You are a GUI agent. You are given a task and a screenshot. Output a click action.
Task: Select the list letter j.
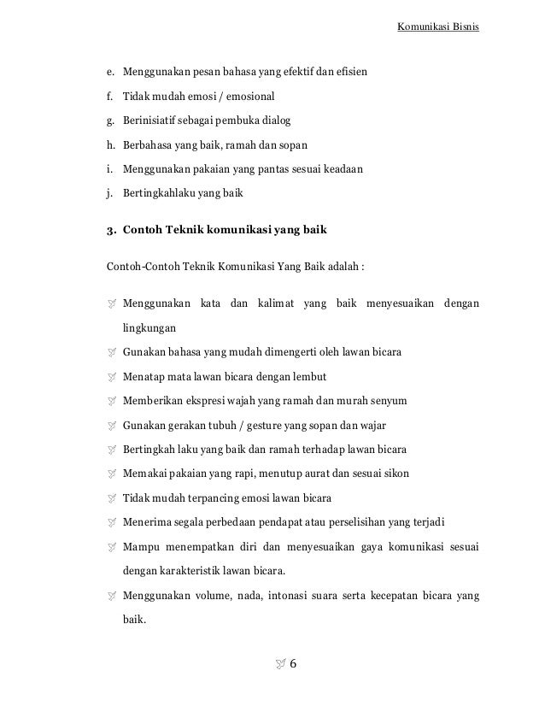(x=109, y=192)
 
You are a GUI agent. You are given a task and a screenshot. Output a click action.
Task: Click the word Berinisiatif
(x=152, y=119)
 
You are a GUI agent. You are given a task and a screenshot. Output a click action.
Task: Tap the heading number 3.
(x=110, y=230)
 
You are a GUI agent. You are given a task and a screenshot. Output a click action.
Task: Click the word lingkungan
(x=149, y=327)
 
